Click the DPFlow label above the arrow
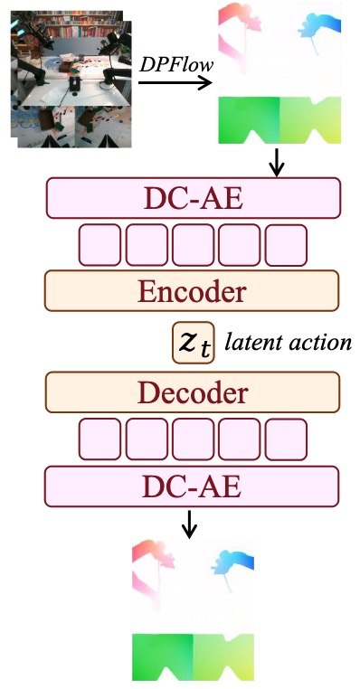pos(176,64)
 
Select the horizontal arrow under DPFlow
pos(175,82)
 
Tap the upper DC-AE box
pos(194,198)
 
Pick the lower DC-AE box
pos(192,486)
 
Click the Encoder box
pos(192,291)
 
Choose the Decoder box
pos(193,392)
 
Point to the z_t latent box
pos(194,343)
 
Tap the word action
pos(320,343)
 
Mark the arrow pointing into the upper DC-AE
pos(277,163)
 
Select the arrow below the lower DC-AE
pos(189,524)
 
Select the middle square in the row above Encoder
pos(193,245)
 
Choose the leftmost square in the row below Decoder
pos(99,439)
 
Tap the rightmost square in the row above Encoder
pos(286,245)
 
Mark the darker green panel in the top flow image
pos(249,120)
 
